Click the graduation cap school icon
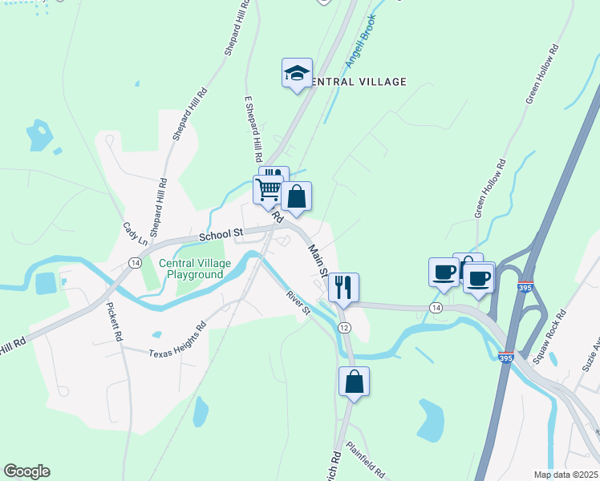tap(297, 73)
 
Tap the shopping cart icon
tap(268, 190)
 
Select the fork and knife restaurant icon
tap(343, 287)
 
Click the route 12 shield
tap(344, 328)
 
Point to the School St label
tap(221, 234)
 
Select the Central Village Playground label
tap(194, 269)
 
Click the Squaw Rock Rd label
tap(549, 331)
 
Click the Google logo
tap(26, 471)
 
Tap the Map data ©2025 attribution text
tap(566, 475)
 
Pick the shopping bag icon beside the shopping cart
tap(296, 196)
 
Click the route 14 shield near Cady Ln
tap(134, 263)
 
